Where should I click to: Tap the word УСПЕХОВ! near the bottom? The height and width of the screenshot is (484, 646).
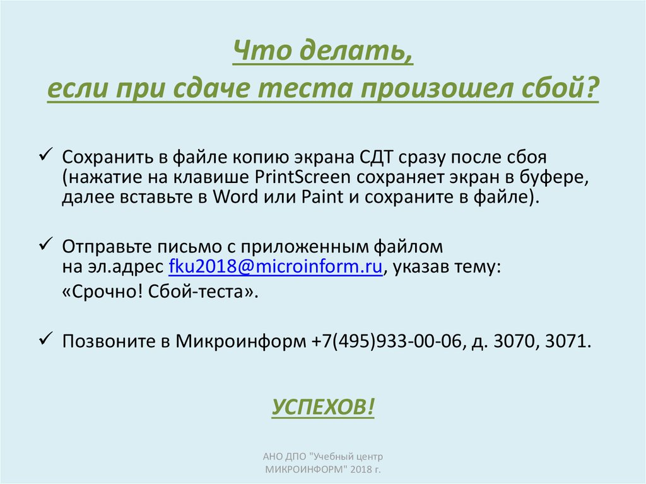tap(323, 407)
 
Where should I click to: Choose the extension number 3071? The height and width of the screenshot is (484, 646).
tap(567, 341)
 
